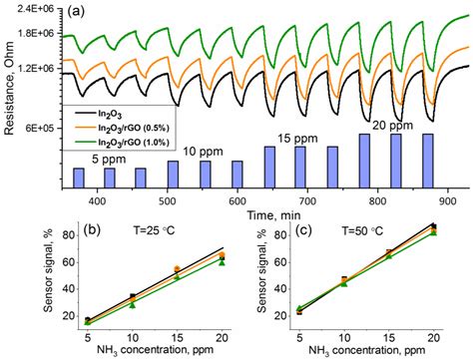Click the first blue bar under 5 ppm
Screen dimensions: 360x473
(x=79, y=180)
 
